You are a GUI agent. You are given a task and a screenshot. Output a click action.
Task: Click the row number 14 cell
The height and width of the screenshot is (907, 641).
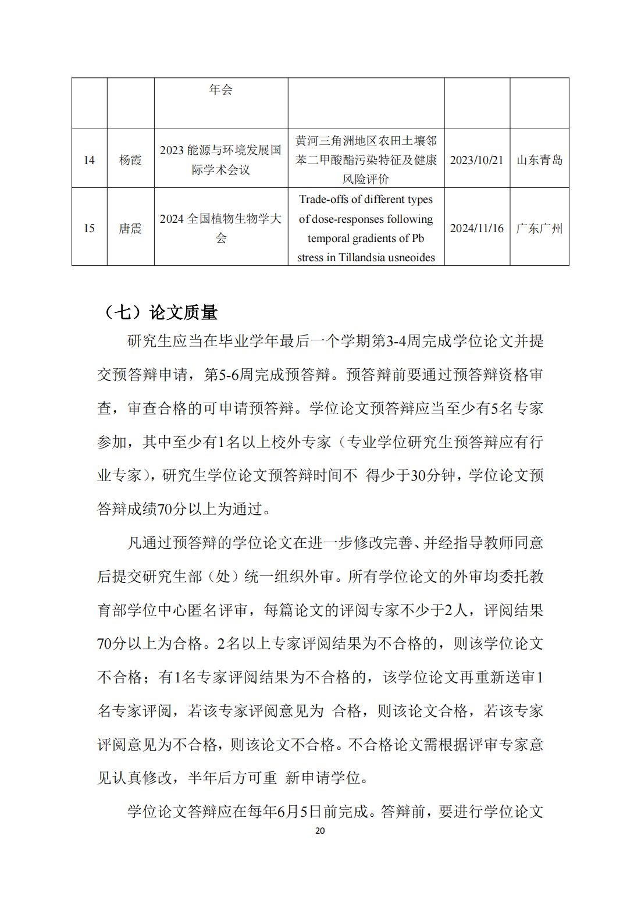click(x=89, y=160)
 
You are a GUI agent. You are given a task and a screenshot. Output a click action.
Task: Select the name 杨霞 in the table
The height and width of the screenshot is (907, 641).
click(x=130, y=160)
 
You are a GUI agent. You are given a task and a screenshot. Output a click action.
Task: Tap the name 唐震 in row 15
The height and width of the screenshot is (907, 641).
click(x=130, y=229)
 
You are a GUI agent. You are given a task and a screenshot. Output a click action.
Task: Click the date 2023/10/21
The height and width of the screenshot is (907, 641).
click(x=476, y=160)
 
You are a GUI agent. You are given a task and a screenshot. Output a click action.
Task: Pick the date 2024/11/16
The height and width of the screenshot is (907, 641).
click(x=476, y=229)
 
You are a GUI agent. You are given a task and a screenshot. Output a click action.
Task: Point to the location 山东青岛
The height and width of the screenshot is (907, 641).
click(x=539, y=160)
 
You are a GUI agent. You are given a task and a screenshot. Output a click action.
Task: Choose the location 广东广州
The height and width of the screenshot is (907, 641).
click(x=539, y=229)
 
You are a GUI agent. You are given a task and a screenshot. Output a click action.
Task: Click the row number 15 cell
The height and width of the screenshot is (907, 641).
click(x=89, y=229)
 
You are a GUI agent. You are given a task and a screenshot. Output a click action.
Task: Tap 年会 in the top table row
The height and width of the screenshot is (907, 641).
click(x=220, y=90)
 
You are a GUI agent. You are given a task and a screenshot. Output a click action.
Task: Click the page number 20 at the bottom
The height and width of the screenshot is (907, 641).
click(x=320, y=831)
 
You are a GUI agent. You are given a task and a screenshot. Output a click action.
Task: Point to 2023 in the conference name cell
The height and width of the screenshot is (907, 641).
click(x=172, y=151)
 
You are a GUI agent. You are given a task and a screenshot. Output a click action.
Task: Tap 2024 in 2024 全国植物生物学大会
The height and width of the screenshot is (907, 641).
click(x=172, y=219)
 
